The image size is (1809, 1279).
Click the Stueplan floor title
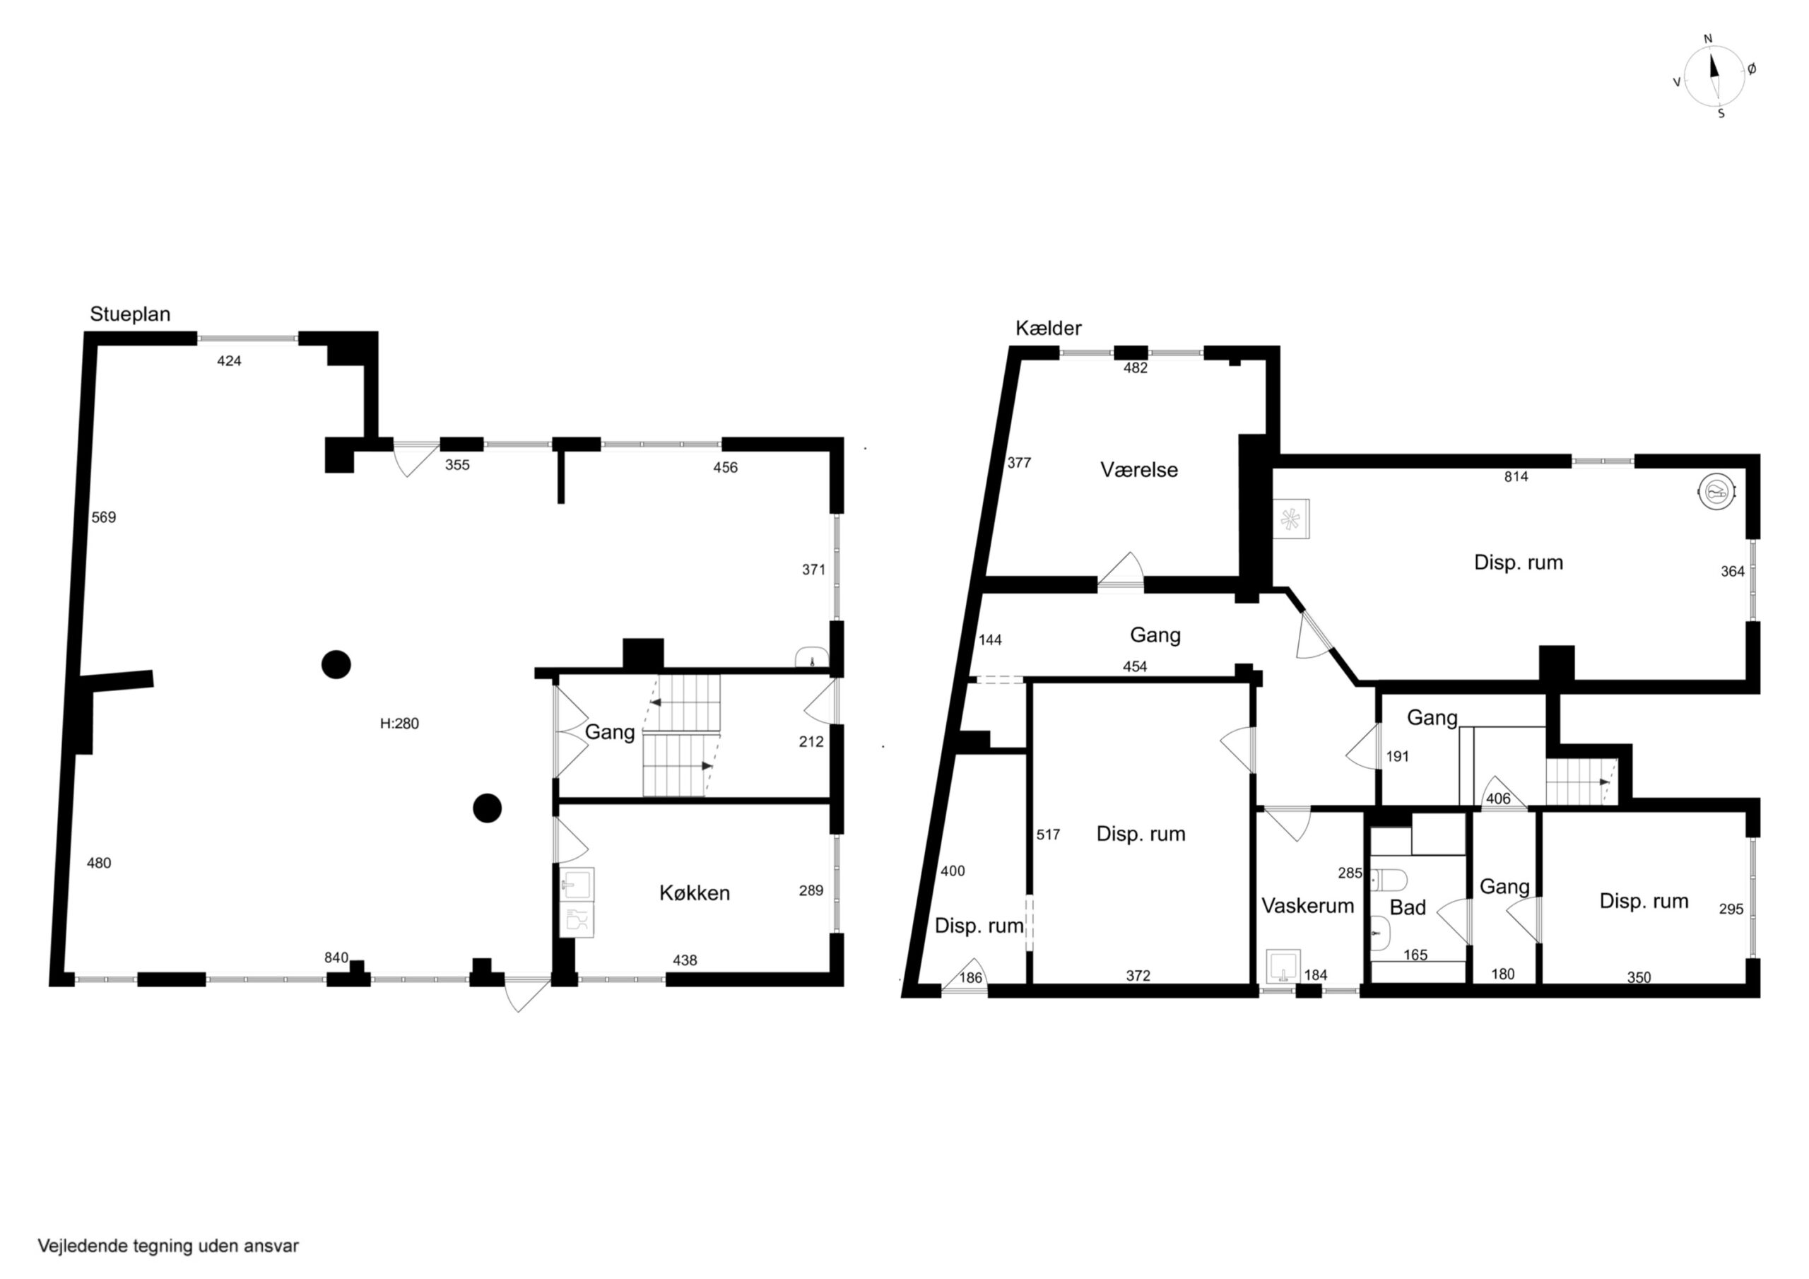pyautogui.click(x=130, y=314)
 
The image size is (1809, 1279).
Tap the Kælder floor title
pyautogui.click(x=1048, y=328)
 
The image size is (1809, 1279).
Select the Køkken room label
pyautogui.click(x=694, y=893)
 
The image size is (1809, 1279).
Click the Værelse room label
pyautogui.click(x=1139, y=470)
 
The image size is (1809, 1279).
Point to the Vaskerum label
pyautogui.click(x=1307, y=905)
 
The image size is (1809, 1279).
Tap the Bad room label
pyautogui.click(x=1407, y=908)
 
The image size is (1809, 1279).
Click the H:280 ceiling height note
pyautogui.click(x=399, y=724)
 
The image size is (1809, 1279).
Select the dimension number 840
pyautogui.click(x=336, y=957)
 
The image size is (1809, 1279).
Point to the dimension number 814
pyautogui.click(x=1516, y=476)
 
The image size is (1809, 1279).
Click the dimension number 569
pyautogui.click(x=104, y=517)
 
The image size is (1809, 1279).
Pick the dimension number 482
pyautogui.click(x=1136, y=367)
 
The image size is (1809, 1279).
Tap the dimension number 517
pyautogui.click(x=1048, y=835)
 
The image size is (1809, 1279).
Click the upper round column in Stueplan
pyautogui.click(x=336, y=664)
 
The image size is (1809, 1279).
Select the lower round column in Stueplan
pyautogui.click(x=487, y=808)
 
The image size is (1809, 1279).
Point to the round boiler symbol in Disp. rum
pyautogui.click(x=1715, y=493)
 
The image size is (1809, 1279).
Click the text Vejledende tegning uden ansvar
pyautogui.click(x=169, y=1246)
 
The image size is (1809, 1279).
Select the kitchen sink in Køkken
pyautogui.click(x=577, y=883)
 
